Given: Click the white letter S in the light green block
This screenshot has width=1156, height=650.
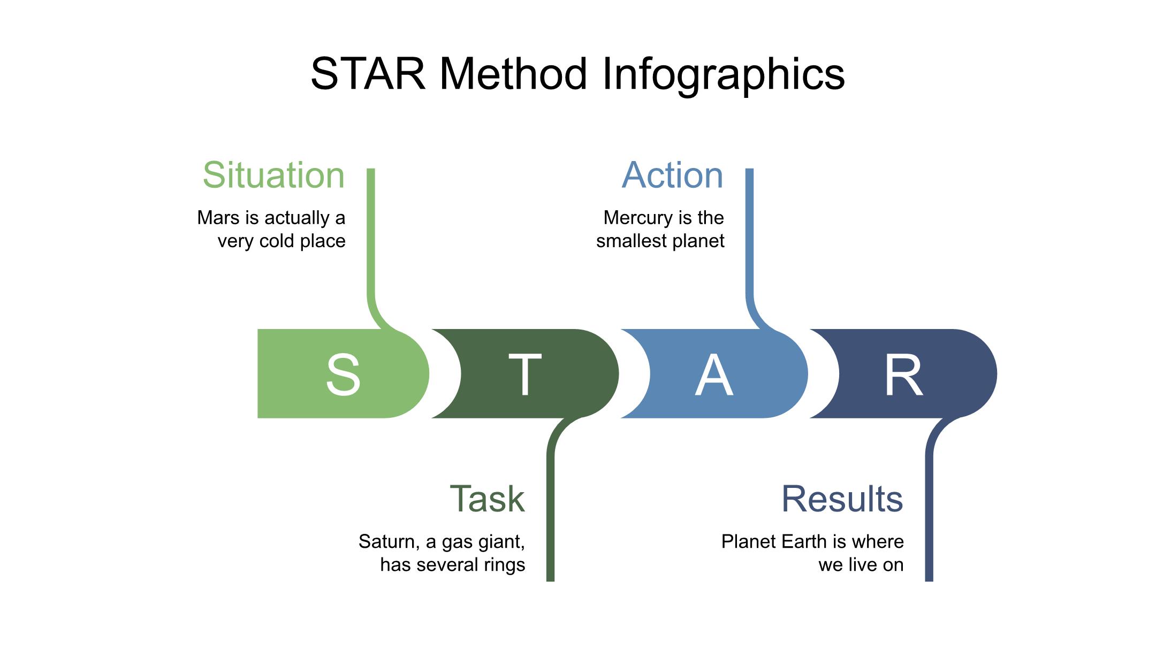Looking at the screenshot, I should [343, 374].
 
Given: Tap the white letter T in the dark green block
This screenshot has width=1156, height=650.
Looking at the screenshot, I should [524, 374].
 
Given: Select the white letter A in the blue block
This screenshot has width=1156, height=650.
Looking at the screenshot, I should [713, 374].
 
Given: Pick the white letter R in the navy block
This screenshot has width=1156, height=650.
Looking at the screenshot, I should [903, 374].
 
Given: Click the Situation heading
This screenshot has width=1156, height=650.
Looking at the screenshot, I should [273, 175].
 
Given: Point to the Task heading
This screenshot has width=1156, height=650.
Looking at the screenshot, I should [487, 499].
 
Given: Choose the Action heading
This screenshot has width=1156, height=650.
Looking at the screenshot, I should [672, 175].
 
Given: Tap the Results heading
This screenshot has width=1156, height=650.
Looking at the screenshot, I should [842, 499].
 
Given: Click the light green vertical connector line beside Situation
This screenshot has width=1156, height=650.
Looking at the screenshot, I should [371, 235].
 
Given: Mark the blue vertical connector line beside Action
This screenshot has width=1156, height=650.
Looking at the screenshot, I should [749, 235].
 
